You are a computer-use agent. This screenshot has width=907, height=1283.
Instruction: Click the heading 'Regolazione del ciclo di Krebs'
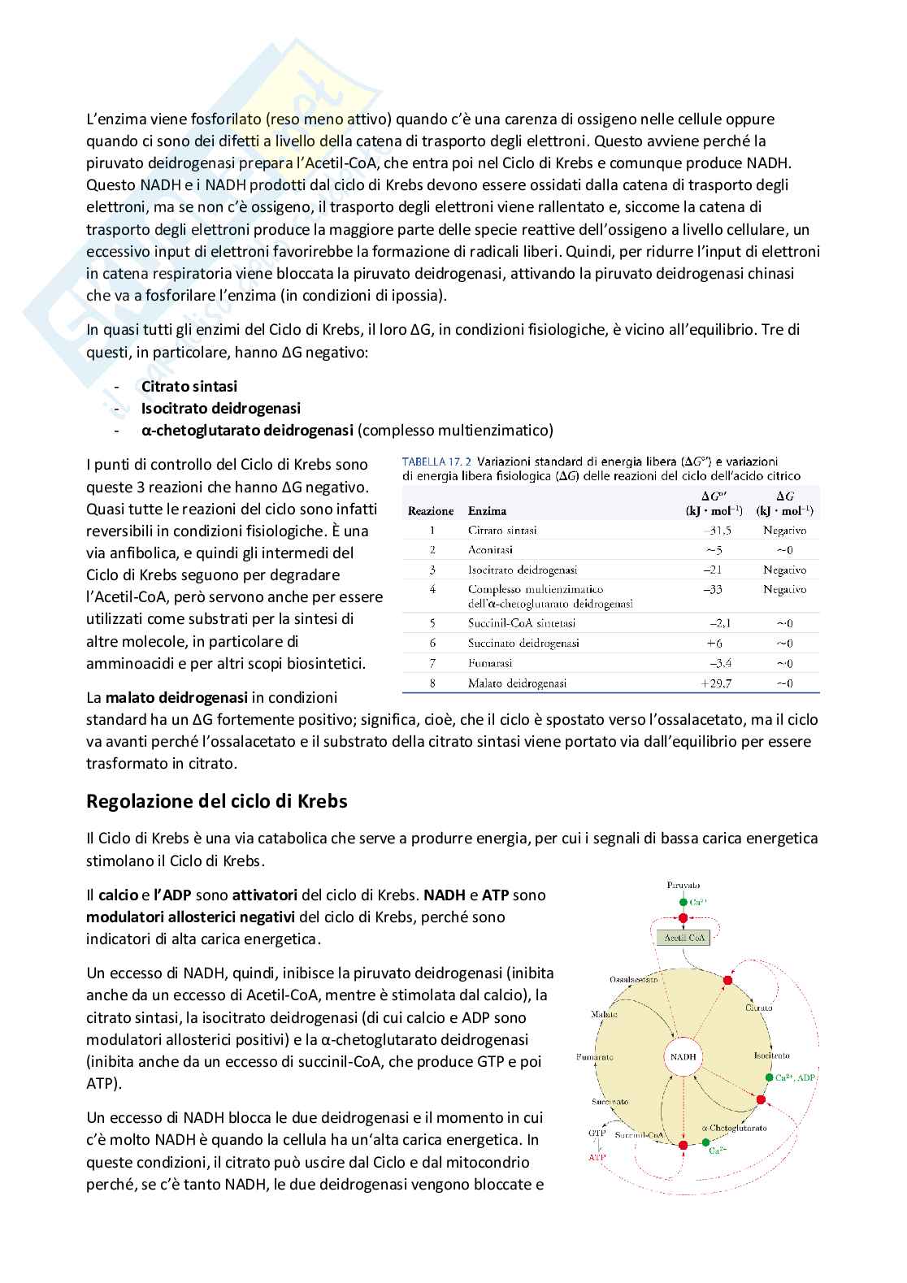[x=216, y=802]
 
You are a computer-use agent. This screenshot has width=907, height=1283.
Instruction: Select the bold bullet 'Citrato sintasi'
[x=189, y=387]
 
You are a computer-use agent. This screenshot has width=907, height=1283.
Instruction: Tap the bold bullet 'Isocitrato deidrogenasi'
[x=220, y=409]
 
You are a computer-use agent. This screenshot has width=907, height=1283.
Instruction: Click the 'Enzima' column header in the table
[x=487, y=511]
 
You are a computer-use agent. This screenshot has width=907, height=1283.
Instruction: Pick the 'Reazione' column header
[x=431, y=511]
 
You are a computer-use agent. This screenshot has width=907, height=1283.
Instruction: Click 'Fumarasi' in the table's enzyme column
[x=489, y=664]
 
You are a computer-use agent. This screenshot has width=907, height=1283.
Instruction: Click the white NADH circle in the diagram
[x=684, y=1057]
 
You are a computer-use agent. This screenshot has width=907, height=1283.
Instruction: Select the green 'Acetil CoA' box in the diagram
[x=683, y=938]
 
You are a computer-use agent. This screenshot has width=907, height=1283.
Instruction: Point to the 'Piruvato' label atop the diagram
[x=683, y=885]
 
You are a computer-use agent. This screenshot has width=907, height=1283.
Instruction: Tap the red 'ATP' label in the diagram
[x=597, y=1157]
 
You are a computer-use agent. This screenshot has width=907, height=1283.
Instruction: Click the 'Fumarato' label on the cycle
[x=595, y=1057]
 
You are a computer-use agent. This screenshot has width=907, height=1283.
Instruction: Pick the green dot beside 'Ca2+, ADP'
[x=769, y=1077]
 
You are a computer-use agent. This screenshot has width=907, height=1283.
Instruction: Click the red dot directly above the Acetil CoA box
[x=683, y=918]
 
